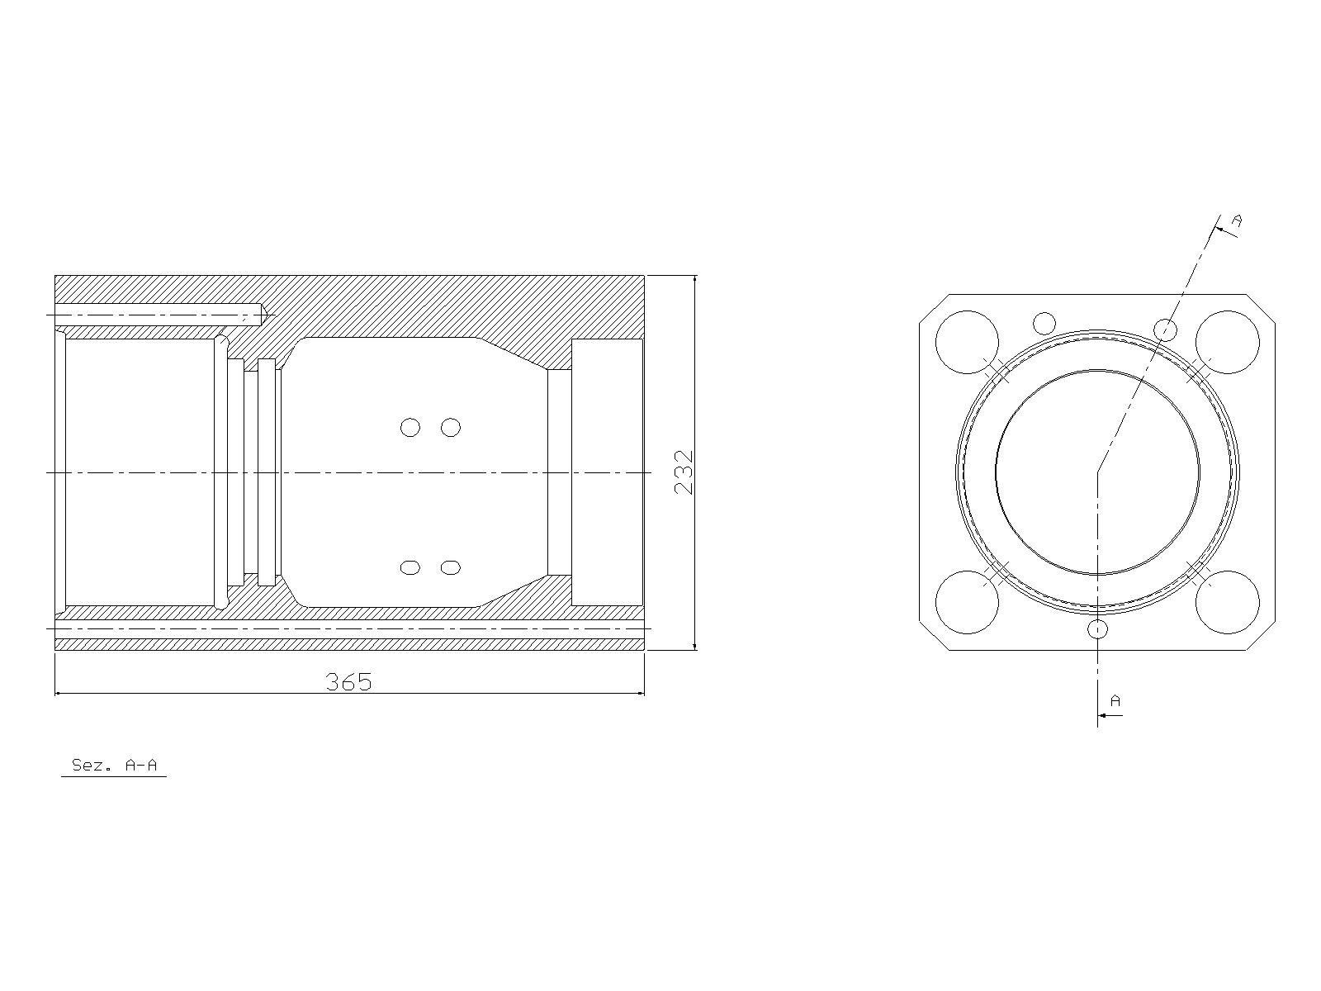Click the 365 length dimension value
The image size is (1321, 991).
348,682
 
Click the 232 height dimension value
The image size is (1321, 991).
684,472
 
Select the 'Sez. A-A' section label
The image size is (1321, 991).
114,765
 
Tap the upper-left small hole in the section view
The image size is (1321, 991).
410,427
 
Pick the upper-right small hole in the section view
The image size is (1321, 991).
451,427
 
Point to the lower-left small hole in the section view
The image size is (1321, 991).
410,567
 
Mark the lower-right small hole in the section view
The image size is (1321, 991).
451,567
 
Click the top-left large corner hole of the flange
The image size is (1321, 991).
967,342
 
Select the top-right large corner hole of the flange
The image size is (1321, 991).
1227,342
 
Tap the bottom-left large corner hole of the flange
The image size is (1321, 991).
967,602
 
